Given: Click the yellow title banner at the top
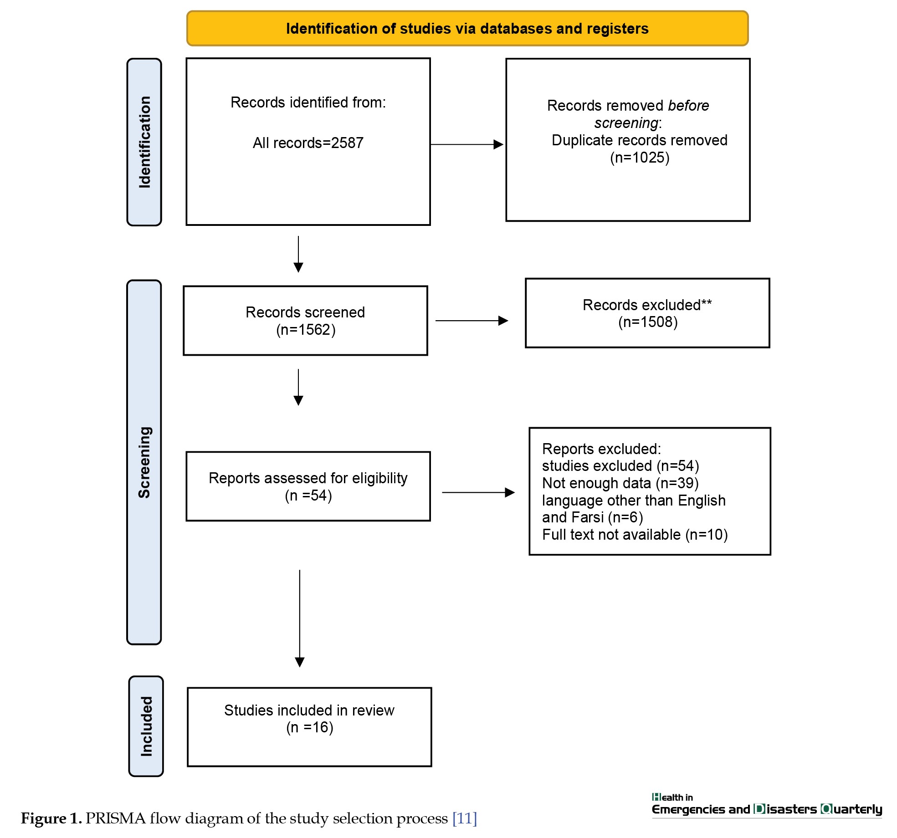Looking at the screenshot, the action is pos(467,28).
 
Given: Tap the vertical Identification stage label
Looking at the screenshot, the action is pos(144,142).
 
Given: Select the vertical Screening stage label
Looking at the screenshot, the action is pos(144,462).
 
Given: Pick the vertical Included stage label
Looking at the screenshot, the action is pos(146,726).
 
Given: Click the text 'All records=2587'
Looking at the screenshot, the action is pos(308,143).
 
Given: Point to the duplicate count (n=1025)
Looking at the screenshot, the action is pos(640,158).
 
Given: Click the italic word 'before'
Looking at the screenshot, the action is pos(688,106).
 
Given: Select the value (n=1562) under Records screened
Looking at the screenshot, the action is pos(306,330).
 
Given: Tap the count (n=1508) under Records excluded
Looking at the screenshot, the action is pos(648,322).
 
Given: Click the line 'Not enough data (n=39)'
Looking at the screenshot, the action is pos(620,483).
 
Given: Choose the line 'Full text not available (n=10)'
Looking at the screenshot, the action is pos(635,535).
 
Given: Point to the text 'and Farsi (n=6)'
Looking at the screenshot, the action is pos(592,517).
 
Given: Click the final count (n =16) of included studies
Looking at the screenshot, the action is pos(310,727).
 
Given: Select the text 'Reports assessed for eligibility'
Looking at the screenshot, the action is pos(308,478).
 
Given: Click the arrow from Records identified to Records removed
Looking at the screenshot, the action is pos(467,144).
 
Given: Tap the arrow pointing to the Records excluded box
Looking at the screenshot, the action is pos(472,321).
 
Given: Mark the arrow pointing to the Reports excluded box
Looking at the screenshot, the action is pos(478,492).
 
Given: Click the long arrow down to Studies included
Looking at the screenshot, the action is pos(300,618).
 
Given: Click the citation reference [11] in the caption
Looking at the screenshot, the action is pos(464,818).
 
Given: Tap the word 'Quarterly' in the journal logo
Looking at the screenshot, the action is pos(851,810).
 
